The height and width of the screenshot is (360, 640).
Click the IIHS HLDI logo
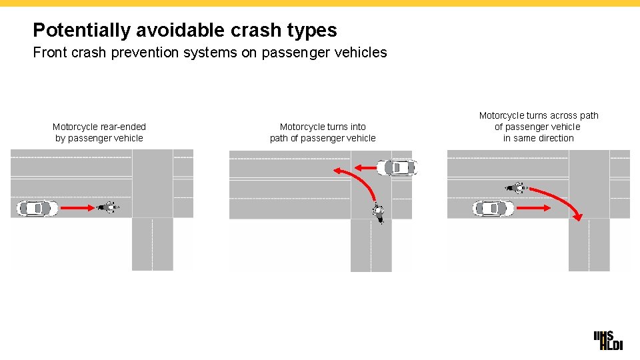(x=607, y=340)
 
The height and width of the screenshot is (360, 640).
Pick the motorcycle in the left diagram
(x=107, y=208)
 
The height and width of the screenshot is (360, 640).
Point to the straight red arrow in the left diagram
(x=77, y=209)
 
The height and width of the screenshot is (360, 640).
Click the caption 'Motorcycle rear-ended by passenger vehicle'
(x=99, y=132)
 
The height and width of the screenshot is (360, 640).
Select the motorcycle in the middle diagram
(x=378, y=213)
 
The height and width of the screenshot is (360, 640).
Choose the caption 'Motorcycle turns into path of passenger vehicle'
(x=323, y=132)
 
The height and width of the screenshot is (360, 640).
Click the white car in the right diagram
(x=493, y=209)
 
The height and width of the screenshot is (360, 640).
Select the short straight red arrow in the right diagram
(x=533, y=209)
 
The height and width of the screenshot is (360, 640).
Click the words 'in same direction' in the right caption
(x=539, y=138)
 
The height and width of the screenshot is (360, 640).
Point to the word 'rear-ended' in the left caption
(x=123, y=127)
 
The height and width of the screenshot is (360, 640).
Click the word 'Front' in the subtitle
(x=50, y=53)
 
